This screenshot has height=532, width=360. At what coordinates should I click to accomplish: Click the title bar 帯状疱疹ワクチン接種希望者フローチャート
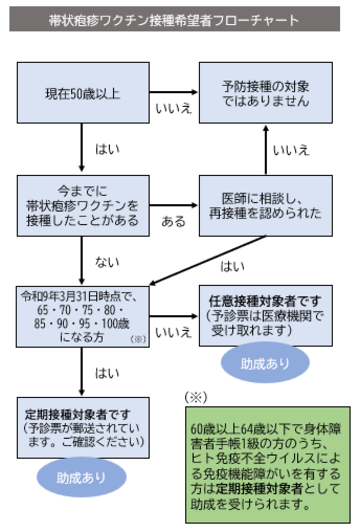(x=180, y=19)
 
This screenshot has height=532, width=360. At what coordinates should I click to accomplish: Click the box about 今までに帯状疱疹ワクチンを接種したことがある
(x=82, y=205)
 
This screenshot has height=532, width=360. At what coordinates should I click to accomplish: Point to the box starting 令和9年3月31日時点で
(x=82, y=312)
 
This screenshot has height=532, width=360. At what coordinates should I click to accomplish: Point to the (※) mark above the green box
(x=197, y=397)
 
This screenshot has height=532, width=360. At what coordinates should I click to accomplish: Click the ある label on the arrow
(x=173, y=218)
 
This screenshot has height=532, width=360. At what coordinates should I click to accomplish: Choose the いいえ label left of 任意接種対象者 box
(x=175, y=331)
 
